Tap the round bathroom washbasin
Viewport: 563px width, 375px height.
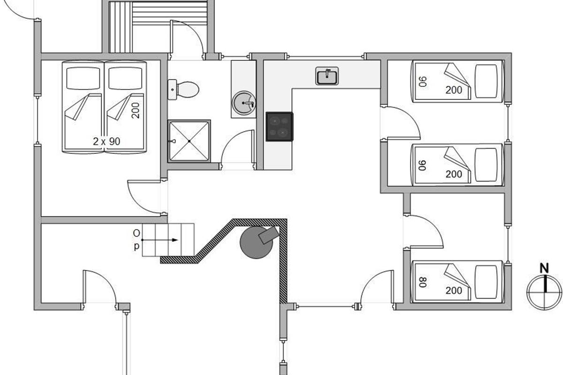point(244,103)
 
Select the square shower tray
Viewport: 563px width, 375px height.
point(189,141)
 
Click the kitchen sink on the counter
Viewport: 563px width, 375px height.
point(327,76)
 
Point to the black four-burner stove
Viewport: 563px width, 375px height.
point(280,127)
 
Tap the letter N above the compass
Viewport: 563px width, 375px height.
point(544,269)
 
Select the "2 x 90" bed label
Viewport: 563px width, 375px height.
point(107,142)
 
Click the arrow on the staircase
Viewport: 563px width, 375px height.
point(160,240)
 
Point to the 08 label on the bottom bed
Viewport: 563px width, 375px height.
point(423,282)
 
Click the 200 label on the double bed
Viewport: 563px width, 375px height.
point(135,110)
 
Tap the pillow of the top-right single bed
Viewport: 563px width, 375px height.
point(486,81)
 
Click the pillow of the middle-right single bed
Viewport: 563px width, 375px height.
point(486,165)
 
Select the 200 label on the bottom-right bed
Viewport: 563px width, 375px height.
point(454,291)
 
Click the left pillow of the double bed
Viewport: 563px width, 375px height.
point(83,78)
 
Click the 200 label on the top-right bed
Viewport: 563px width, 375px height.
point(454,90)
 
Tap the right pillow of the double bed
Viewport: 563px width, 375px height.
point(125,78)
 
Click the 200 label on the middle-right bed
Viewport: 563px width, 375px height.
point(454,174)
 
